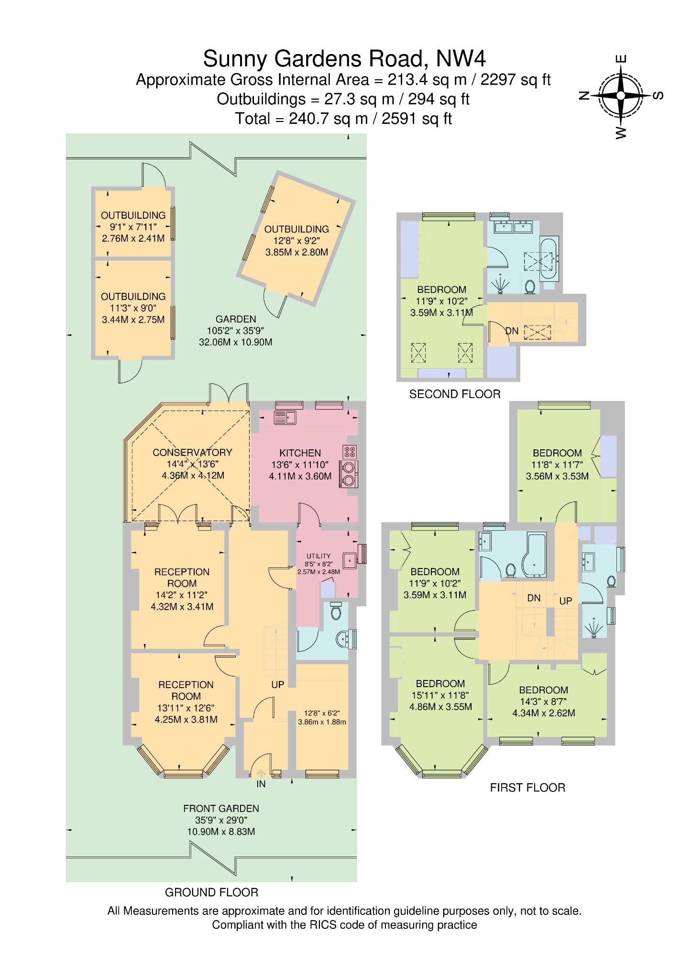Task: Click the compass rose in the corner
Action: click(620, 96)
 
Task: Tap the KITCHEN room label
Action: click(300, 453)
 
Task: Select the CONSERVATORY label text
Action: click(192, 452)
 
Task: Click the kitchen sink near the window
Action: click(285, 417)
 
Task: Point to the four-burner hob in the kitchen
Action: click(350, 452)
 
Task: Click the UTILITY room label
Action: click(319, 556)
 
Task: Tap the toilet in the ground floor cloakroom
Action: click(336, 611)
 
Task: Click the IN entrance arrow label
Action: click(261, 784)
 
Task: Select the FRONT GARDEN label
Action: click(221, 808)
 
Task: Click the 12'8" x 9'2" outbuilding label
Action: click(297, 241)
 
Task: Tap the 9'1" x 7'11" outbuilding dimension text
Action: click(133, 227)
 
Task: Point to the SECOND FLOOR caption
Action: click(454, 394)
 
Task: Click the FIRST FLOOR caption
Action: click(527, 788)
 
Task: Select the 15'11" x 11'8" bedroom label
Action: click(440, 695)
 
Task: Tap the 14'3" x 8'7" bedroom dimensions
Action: click(543, 702)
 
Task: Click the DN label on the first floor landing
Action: click(534, 598)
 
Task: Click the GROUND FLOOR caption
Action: click(211, 892)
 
